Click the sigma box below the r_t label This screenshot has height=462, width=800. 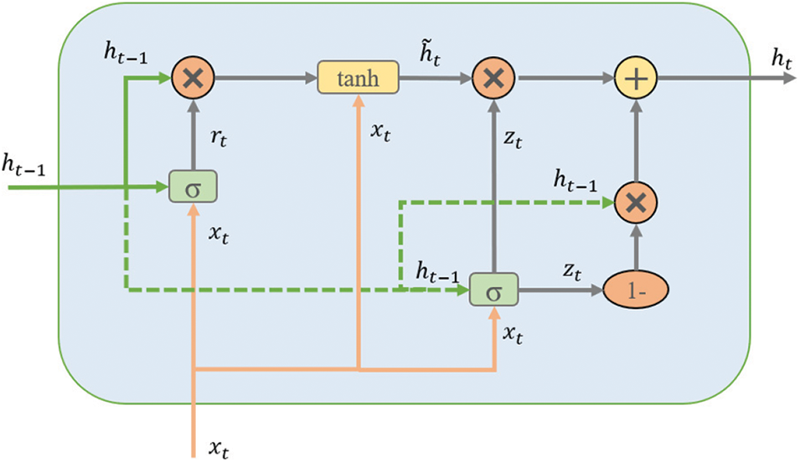tap(194, 186)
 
